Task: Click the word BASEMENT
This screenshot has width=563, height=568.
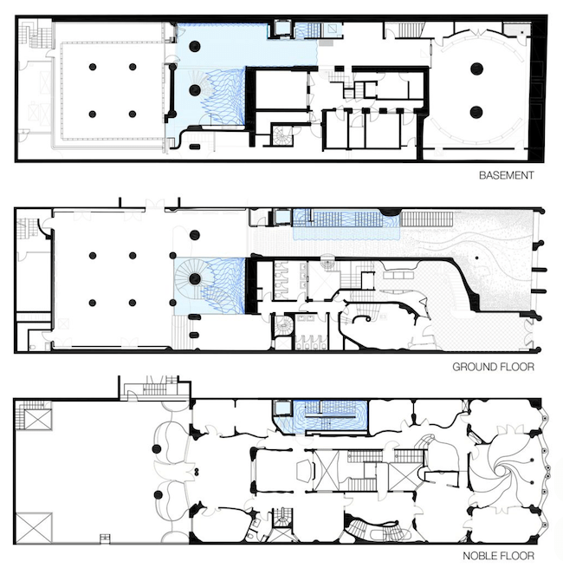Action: pos(506,175)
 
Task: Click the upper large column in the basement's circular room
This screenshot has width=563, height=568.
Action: pos(477,69)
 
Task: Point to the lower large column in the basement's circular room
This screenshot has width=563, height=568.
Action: pos(476,112)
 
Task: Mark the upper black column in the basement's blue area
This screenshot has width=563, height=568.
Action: pos(195,46)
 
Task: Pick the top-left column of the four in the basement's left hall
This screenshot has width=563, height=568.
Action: pos(93,67)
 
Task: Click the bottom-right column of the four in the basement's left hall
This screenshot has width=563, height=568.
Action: pos(133,114)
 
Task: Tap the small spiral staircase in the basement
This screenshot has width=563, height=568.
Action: pos(281,135)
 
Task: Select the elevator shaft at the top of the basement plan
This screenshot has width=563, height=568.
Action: pos(281,29)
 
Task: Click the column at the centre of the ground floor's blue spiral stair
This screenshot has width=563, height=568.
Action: pos(195,278)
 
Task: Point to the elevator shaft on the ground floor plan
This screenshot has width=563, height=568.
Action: pos(282,217)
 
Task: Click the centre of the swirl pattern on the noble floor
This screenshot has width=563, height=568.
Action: pos(502,471)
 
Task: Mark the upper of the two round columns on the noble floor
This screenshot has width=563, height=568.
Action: pos(157,449)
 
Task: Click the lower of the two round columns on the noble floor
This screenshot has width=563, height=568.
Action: pos(159,494)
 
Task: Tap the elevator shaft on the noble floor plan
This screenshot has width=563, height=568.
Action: pos(282,408)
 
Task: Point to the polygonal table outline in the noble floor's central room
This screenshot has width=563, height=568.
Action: pos(304,471)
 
